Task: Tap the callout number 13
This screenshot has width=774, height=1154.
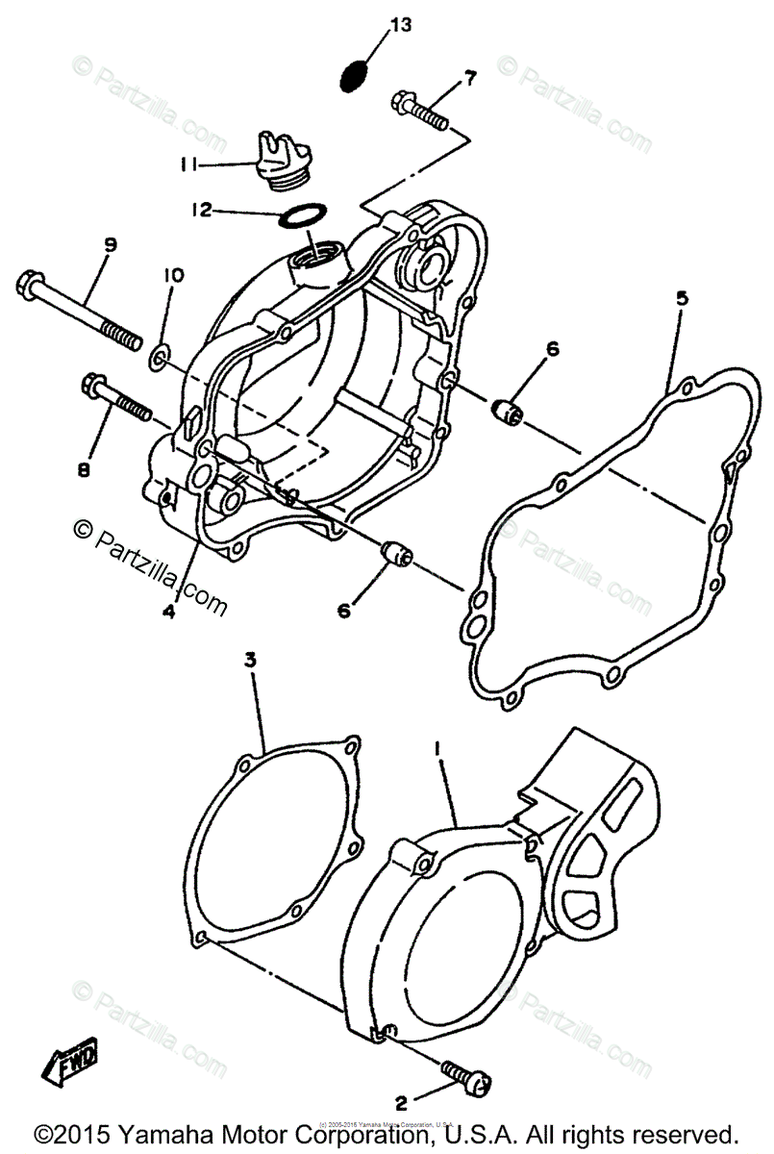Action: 399,25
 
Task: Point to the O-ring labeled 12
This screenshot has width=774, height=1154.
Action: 301,216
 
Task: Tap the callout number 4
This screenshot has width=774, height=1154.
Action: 168,609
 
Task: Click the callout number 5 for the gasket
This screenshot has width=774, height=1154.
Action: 681,299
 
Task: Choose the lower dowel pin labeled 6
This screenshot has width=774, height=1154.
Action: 394,555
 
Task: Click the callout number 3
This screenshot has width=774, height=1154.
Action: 250,661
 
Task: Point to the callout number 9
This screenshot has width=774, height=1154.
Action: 110,245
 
